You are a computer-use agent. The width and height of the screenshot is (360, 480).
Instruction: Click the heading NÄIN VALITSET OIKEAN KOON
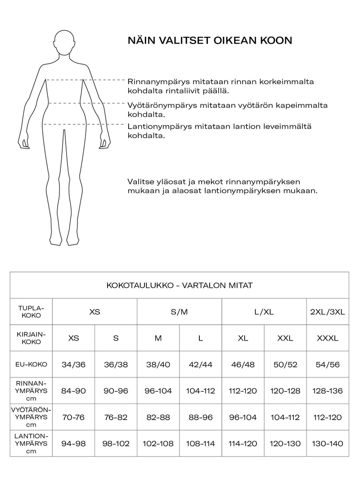pyautogui.click(x=210, y=40)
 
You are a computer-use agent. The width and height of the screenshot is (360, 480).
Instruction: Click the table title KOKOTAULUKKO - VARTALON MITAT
pyautogui.click(x=180, y=285)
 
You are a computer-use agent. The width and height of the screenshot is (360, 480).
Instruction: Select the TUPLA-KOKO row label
pyautogui.click(x=31, y=311)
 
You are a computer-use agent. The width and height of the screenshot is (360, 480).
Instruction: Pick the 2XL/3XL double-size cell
pyautogui.click(x=328, y=311)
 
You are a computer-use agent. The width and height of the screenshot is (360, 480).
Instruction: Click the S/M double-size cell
pyautogui.click(x=179, y=311)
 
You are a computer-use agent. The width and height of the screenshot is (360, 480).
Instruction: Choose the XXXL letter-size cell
pyautogui.click(x=328, y=338)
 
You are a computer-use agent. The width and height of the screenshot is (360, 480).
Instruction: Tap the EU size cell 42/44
pyautogui.click(x=200, y=364)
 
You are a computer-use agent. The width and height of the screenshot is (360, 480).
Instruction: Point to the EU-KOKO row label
pyautogui.click(x=31, y=364)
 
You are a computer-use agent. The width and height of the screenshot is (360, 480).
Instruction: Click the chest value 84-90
pyautogui.click(x=73, y=391)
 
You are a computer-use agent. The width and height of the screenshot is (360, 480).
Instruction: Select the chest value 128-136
pyautogui.click(x=328, y=391)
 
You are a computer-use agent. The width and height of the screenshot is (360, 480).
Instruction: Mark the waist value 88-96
pyautogui.click(x=200, y=417)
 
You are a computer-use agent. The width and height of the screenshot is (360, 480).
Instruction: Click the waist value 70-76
pyautogui.click(x=73, y=417)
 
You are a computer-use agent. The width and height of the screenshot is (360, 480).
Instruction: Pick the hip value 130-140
pyautogui.click(x=328, y=444)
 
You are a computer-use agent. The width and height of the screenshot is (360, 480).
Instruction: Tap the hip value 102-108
pyautogui.click(x=158, y=444)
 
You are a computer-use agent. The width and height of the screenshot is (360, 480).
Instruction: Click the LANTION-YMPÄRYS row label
pyautogui.click(x=31, y=444)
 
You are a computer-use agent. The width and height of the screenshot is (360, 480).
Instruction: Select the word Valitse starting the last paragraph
pyautogui.click(x=141, y=182)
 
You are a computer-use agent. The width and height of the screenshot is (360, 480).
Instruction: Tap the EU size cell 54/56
pyautogui.click(x=328, y=364)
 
